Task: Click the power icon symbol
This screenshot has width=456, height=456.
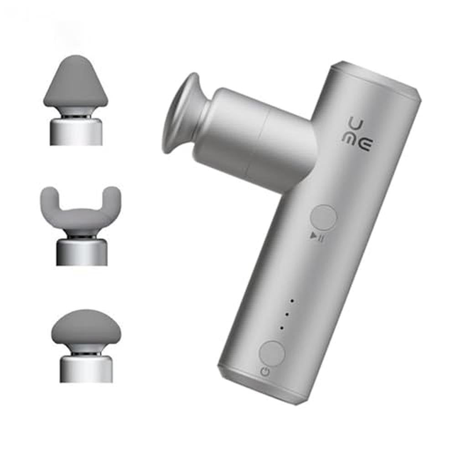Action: [x=264, y=372]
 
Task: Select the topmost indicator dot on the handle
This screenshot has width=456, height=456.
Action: [x=292, y=301]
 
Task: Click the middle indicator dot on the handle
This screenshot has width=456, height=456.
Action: [x=287, y=314]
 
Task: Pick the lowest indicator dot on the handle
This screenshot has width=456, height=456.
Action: [x=282, y=328]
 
